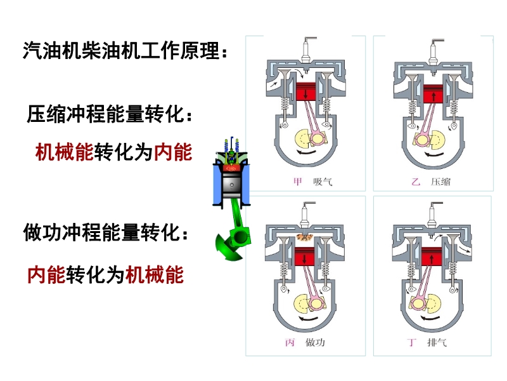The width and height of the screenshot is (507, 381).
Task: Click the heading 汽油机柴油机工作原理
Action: [125, 51]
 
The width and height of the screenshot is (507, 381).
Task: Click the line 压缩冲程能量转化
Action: [110, 114]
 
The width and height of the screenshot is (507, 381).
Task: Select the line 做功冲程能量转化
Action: [106, 232]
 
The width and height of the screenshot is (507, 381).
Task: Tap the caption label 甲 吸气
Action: [312, 182]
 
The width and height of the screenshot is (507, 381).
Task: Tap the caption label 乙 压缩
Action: [431, 182]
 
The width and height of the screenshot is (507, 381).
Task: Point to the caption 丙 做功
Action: [305, 342]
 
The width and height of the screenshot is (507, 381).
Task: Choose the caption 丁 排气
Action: [427, 342]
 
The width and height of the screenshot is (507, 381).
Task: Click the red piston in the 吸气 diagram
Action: [306, 91]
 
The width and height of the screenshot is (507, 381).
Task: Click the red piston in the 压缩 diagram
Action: [433, 93]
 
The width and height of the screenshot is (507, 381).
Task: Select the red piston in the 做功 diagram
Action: [305, 257]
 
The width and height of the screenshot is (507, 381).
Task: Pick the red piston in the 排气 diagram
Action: [432, 257]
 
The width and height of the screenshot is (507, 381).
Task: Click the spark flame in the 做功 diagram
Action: [305, 237]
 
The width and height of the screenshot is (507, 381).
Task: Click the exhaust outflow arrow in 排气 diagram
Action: [464, 248]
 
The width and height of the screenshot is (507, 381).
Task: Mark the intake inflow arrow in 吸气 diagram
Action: [274, 84]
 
